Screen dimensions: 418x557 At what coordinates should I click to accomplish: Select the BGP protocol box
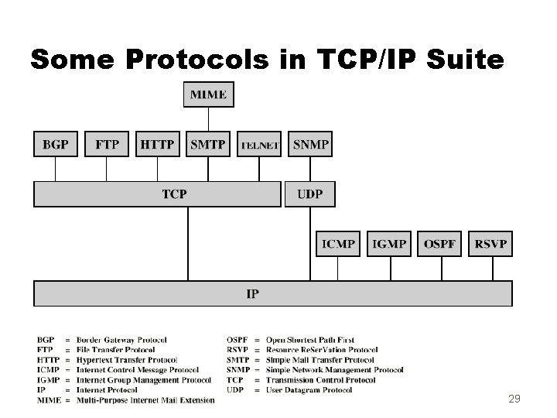56,144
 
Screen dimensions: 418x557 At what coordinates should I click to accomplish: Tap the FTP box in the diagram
107,144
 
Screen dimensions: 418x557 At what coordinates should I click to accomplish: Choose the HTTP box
158,144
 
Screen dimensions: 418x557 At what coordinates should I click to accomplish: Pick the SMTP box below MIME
208,144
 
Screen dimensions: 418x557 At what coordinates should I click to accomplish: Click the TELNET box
259,145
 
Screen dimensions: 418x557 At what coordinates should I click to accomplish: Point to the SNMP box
310,144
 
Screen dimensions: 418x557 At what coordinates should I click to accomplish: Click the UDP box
310,194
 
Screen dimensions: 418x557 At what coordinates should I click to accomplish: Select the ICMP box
338,244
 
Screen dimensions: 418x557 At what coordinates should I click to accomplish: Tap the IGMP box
389,244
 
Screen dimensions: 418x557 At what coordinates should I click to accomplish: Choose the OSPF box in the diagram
440,244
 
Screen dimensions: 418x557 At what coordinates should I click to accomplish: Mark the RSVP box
491,244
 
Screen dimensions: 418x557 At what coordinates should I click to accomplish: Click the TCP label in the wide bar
174,194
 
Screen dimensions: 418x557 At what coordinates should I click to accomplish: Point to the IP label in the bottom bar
252,293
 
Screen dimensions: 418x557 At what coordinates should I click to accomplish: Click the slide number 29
514,399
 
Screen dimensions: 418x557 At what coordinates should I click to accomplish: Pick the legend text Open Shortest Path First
310,340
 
